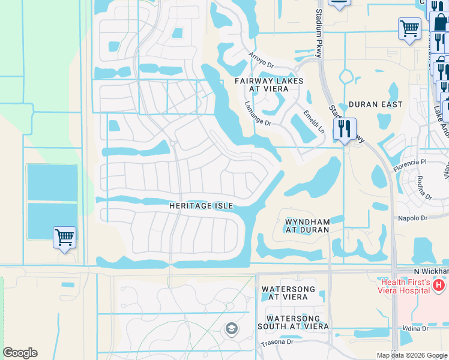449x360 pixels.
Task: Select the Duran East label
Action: pyautogui.click(x=376, y=104)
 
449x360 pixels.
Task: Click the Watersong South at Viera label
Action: pyautogui.click(x=297, y=322)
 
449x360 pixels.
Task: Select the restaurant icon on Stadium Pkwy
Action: pyautogui.click(x=345, y=129)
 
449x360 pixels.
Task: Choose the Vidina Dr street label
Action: pyautogui.click(x=415, y=328)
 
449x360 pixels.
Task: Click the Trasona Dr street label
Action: pyautogui.click(x=277, y=342)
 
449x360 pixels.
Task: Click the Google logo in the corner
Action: pyautogui.click(x=20, y=353)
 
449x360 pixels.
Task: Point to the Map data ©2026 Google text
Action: pyautogui.click(x=412, y=355)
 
